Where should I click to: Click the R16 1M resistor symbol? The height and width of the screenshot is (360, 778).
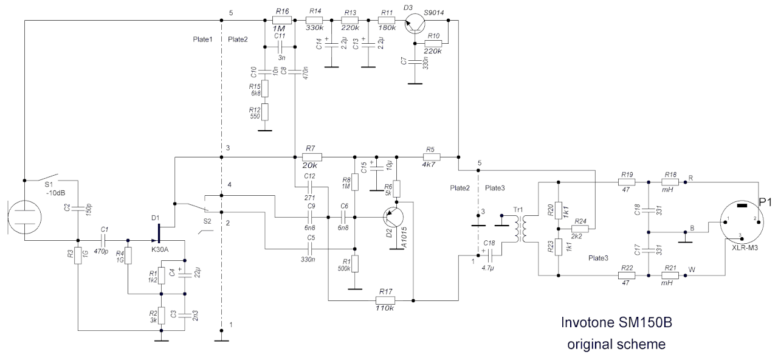(x=282, y=20)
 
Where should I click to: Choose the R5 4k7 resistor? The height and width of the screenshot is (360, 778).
(x=430, y=157)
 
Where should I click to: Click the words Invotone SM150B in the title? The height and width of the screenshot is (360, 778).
(x=617, y=324)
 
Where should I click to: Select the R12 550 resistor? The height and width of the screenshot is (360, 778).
(x=265, y=112)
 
